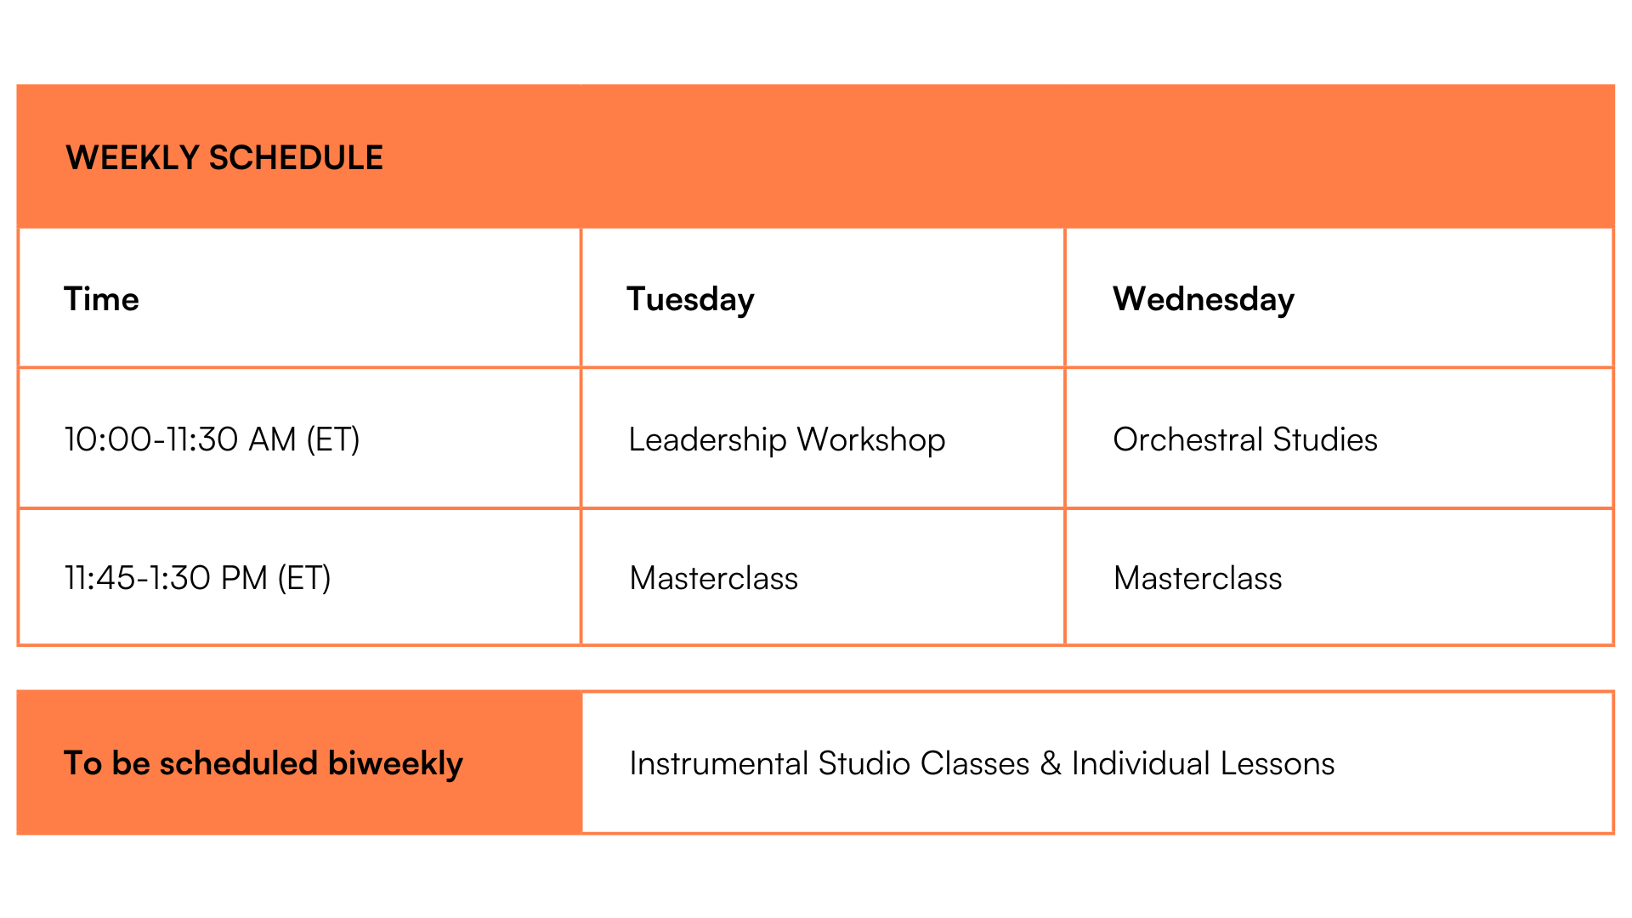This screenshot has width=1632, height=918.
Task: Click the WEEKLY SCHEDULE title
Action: point(224,158)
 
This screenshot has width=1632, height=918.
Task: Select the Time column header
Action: point(101,299)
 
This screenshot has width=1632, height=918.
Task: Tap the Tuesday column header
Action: point(690,300)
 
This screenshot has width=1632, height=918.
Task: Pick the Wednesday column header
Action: point(1204,300)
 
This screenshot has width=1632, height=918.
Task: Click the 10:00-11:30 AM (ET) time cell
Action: point(212,439)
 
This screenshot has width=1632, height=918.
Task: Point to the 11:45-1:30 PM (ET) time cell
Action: point(198,578)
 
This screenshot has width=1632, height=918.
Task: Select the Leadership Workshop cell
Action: point(787,439)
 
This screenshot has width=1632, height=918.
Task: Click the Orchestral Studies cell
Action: point(1245,439)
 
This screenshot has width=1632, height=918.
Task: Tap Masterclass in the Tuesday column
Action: point(714,578)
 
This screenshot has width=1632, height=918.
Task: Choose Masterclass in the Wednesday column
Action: point(1198,578)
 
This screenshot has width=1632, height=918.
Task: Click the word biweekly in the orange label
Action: point(395,764)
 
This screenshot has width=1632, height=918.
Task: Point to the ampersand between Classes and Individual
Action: point(1051,763)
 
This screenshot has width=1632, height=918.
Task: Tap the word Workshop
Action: point(871,439)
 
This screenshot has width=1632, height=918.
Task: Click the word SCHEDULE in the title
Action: point(296,158)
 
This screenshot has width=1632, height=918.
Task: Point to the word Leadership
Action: point(708,439)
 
